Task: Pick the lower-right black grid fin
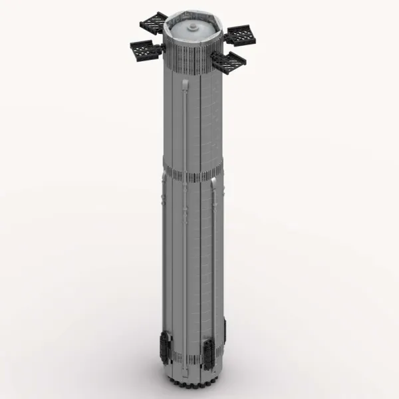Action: click(x=228, y=61)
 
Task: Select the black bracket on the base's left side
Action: click(x=164, y=345)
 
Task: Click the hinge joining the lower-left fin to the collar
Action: click(x=162, y=52)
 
